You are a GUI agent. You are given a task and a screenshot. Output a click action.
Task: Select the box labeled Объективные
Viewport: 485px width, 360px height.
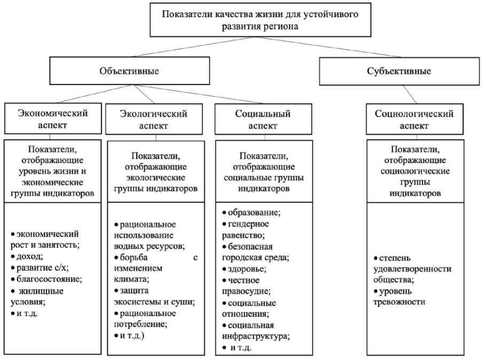click(129, 71)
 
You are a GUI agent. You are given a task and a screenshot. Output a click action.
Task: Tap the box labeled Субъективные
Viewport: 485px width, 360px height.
click(399, 71)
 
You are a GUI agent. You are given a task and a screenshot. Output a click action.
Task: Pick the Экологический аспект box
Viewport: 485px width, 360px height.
click(153, 120)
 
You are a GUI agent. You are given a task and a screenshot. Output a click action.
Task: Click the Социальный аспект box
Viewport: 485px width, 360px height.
click(263, 120)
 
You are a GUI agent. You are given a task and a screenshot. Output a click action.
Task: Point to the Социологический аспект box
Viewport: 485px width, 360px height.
click(414, 120)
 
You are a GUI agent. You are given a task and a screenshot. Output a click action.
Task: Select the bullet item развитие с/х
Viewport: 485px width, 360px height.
click(42, 268)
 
